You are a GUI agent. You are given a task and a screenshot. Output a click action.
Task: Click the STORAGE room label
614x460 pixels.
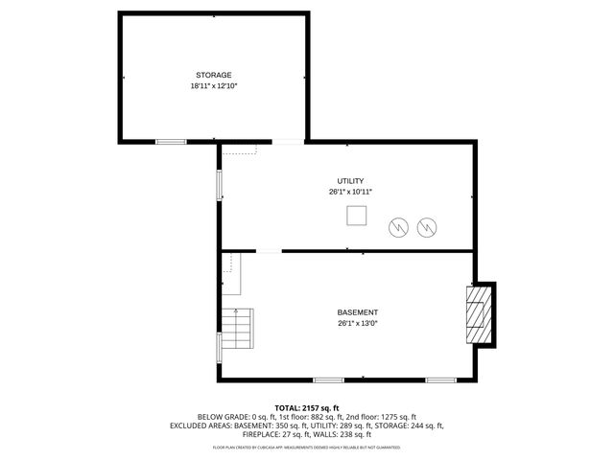tap(213, 75)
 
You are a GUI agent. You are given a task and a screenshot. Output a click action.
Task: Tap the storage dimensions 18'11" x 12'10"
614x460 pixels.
tap(213, 86)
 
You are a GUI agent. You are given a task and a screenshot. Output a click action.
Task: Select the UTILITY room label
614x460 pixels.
tap(350, 181)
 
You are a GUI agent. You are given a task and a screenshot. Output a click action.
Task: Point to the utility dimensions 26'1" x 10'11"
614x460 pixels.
tap(350, 193)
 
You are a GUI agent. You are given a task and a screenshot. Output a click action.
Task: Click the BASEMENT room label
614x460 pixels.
tap(357, 312)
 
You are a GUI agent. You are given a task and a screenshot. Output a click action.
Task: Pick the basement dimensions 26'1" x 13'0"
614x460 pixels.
tap(357, 324)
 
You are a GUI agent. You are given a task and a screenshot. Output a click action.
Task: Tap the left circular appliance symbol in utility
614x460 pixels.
tap(397, 227)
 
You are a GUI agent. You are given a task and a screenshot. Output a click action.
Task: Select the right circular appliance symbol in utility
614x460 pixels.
tap(426, 227)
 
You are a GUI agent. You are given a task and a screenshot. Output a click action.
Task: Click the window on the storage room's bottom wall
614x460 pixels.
tap(171, 142)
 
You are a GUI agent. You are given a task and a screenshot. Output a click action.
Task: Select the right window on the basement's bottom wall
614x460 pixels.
tap(440, 380)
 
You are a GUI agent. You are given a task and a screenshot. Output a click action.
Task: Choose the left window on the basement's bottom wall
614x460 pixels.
tap(328, 380)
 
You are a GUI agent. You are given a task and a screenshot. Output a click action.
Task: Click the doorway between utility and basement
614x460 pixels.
tap(269, 252)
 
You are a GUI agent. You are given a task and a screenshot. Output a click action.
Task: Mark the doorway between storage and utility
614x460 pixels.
tap(288, 143)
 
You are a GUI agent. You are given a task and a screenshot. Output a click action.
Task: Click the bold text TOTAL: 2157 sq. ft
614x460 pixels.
tap(307, 408)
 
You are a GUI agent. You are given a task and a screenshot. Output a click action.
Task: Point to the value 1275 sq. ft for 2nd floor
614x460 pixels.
tap(394, 417)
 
